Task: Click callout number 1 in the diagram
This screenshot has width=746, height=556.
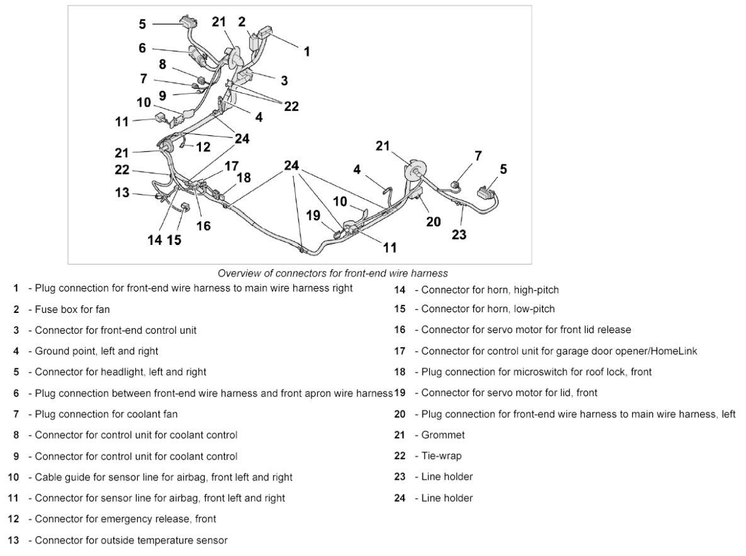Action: click(x=307, y=52)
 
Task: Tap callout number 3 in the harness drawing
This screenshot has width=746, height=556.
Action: click(x=284, y=81)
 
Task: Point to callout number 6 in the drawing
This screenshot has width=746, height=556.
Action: click(x=142, y=47)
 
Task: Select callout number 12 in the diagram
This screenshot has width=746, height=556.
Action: click(x=203, y=147)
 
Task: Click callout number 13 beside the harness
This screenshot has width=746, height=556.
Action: click(x=122, y=193)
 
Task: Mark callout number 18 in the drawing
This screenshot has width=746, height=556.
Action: click(x=243, y=178)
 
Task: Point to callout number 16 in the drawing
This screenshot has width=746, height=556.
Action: click(x=203, y=225)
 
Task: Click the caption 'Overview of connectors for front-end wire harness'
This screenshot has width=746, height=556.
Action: click(x=332, y=273)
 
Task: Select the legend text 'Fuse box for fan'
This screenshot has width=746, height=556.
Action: click(x=72, y=309)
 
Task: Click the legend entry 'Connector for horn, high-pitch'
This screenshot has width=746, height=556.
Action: click(x=490, y=290)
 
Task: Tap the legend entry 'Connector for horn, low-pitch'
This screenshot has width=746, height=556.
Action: click(x=488, y=309)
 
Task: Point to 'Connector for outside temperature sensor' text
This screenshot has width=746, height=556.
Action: click(x=131, y=540)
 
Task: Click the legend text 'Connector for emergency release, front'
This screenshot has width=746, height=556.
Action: click(x=125, y=519)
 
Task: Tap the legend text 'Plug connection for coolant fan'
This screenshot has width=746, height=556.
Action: click(x=106, y=414)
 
